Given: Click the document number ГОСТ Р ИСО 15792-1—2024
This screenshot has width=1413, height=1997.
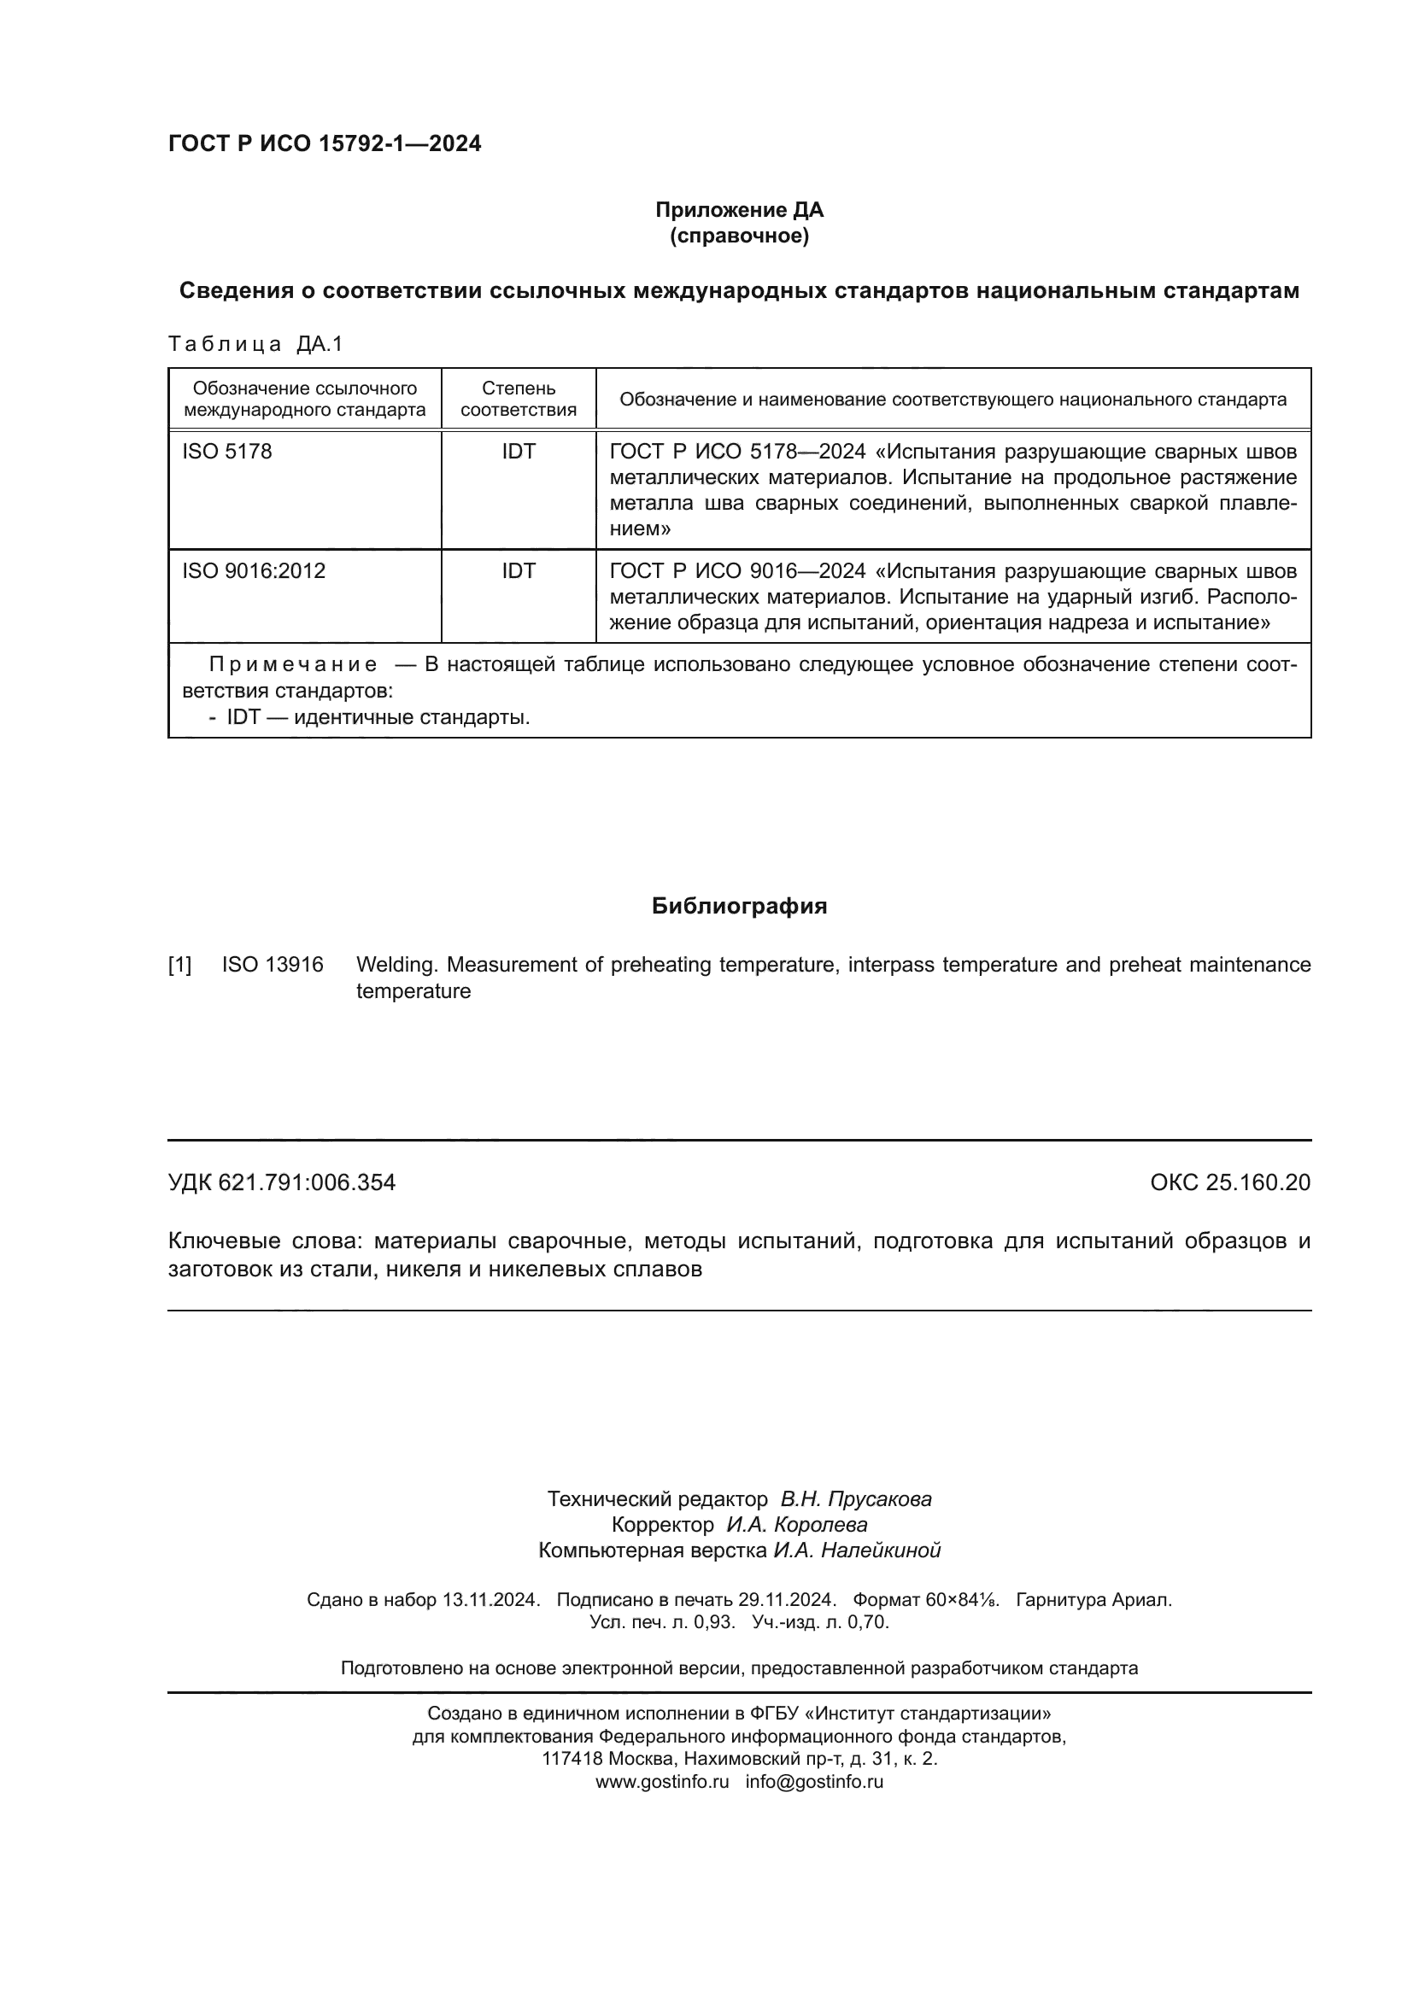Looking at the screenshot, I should pos(324,143).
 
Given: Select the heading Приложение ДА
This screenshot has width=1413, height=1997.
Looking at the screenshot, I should pos(739,210).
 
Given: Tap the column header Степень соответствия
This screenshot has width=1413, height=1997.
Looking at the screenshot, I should pos(519,400).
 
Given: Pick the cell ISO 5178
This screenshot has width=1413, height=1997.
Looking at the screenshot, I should pos(227,452).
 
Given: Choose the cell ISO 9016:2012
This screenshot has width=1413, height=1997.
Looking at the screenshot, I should pos(253,571).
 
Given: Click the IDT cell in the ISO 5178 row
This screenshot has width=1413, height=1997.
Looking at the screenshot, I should pos(519,452).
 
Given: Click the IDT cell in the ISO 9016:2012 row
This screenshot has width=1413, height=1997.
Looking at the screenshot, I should pos(519,571).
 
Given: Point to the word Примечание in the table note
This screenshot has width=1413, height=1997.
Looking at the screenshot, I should pos(293,665).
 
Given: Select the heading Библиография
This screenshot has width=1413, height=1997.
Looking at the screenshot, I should pos(739,907).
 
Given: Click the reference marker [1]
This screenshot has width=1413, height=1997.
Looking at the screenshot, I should pos(180,965).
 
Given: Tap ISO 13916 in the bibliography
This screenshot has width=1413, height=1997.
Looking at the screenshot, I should pos(273,965).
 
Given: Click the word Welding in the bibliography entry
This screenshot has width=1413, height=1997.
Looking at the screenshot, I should pos(395,965).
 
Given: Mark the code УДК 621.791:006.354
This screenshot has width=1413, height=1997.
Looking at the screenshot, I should pos(282,1182).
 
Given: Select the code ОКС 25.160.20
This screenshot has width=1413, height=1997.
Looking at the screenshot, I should pos(1229,1182).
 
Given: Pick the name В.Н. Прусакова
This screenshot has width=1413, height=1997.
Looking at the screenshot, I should pos(855,1499).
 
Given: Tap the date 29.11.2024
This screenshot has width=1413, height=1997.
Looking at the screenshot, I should pos(787,1600).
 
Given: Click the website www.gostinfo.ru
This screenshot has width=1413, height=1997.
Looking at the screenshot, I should pos(661,1782).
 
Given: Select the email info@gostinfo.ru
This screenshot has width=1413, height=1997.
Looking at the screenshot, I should pos(813,1782).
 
